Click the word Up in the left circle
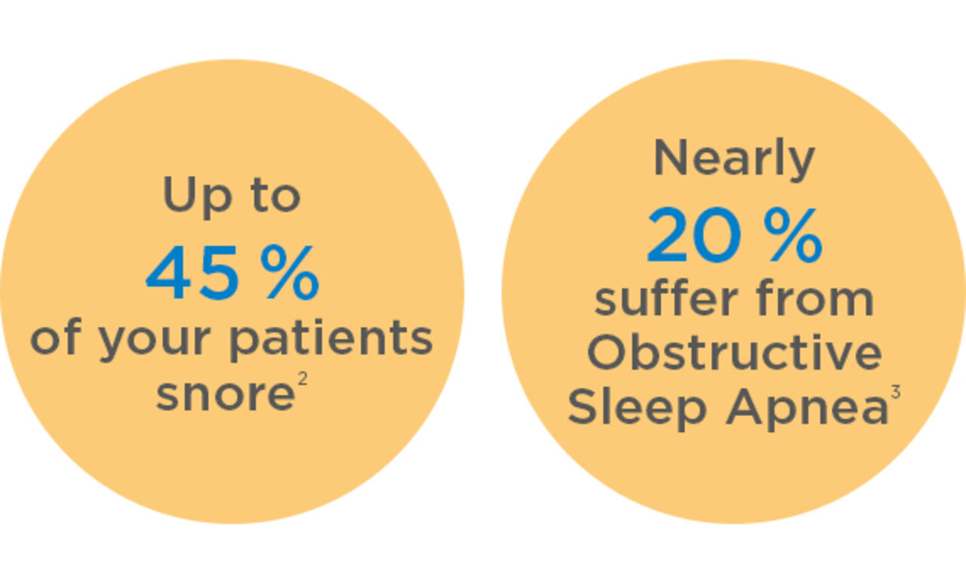189,196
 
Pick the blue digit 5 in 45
220,275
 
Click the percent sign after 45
289,275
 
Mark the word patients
331,339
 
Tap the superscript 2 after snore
302,381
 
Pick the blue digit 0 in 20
725,237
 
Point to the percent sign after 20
792,237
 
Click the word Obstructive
734,353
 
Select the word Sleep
636,409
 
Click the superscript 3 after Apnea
895,393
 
